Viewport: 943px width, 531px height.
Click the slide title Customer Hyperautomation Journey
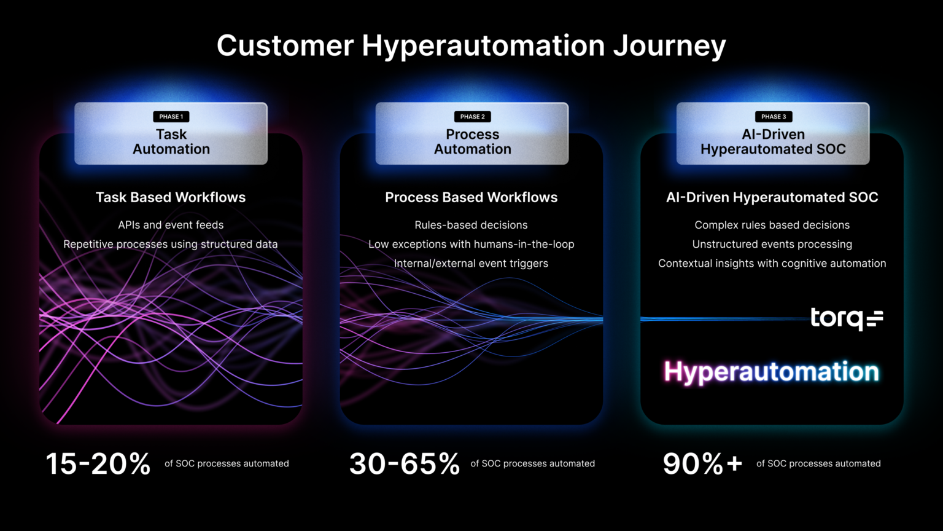(471, 46)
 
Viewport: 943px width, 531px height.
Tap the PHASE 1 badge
(171, 117)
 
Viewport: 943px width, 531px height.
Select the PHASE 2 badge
(472, 117)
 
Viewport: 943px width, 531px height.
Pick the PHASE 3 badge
(773, 117)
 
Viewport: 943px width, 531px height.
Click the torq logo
(846, 318)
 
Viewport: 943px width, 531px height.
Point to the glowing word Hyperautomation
(771, 372)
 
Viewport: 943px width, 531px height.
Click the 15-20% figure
(98, 464)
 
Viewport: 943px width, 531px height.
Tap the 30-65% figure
(405, 464)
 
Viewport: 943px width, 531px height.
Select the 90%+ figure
(702, 464)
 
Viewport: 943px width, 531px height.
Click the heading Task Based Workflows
(171, 197)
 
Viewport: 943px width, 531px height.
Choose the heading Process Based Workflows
(471, 197)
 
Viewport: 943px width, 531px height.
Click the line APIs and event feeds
(171, 225)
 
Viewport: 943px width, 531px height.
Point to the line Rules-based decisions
(471, 225)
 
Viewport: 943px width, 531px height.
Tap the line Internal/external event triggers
(471, 263)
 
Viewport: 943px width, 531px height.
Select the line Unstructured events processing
(772, 244)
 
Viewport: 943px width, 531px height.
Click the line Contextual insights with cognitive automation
(772, 263)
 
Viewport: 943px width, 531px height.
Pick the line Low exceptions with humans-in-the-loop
(471, 244)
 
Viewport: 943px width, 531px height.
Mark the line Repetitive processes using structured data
(171, 244)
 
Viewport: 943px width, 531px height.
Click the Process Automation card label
(472, 142)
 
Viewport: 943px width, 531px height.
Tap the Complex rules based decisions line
(772, 225)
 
